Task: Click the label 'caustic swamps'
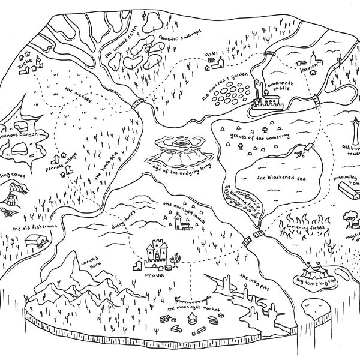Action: click(177, 40)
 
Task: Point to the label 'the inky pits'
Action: click(251, 282)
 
